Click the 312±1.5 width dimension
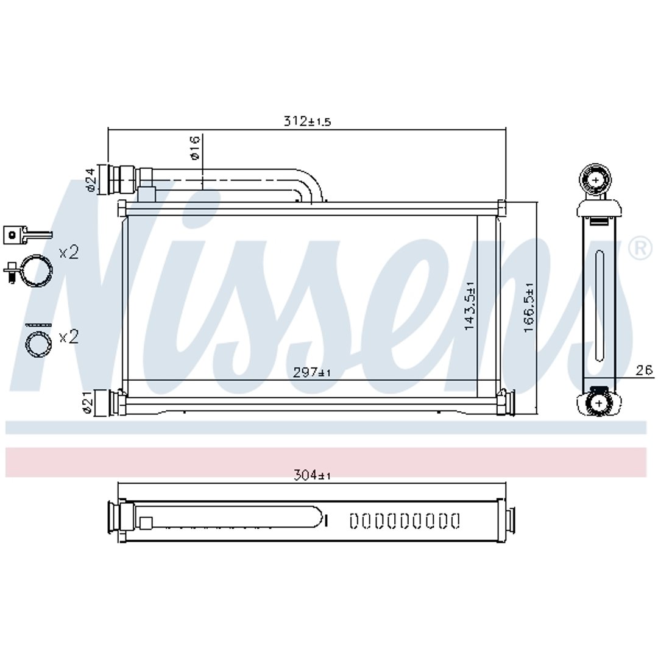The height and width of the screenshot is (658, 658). [308, 121]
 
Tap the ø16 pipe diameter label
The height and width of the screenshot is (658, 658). [195, 147]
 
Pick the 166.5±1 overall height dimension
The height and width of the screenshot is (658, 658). [529, 308]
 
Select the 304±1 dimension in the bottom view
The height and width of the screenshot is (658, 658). [312, 475]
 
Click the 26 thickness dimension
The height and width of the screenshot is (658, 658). [644, 370]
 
